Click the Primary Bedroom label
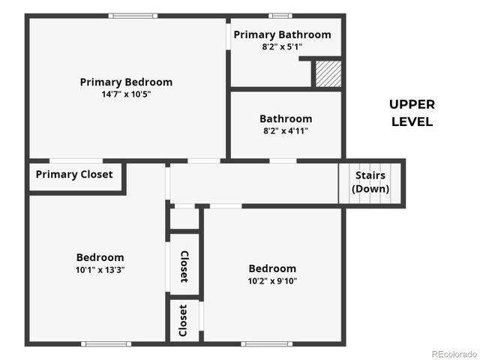point(126,82)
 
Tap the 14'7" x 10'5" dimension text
point(126,94)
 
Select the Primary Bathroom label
point(282,34)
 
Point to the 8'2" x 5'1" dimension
point(282,46)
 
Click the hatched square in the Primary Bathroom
point(328,73)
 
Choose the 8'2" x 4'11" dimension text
point(286,130)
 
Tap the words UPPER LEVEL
point(412,112)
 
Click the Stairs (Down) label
point(370,182)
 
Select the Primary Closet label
point(74,175)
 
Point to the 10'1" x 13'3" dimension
point(100,269)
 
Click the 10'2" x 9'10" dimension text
point(272,280)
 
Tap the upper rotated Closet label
point(184,265)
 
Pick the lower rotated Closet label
point(184,320)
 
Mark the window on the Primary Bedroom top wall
point(133,16)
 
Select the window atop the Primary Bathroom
point(280,16)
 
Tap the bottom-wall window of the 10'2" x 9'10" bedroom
point(266,343)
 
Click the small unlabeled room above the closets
point(184,218)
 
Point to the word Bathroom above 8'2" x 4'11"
point(286,118)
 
